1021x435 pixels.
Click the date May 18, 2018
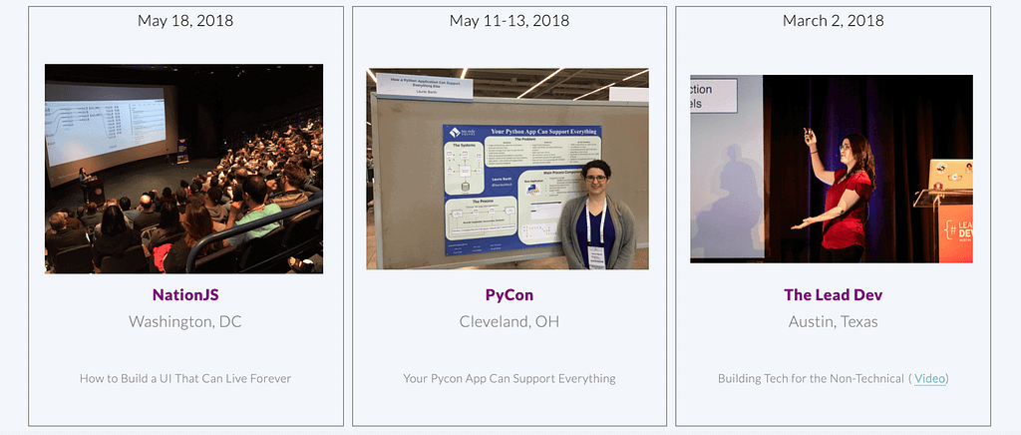tap(185, 20)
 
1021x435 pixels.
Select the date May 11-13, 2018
tap(509, 20)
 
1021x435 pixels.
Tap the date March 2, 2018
tap(833, 20)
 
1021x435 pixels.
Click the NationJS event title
tap(185, 294)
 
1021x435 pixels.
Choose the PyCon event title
tap(509, 294)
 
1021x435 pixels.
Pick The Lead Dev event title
tap(833, 294)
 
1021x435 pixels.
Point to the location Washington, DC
tap(185, 321)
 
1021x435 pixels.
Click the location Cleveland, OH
tap(509, 321)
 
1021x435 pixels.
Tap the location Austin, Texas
tap(833, 321)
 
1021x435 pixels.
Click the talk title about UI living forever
tap(185, 378)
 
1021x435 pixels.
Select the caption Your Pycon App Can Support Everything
tap(509, 378)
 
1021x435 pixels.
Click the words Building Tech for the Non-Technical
tap(810, 378)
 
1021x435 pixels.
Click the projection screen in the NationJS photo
tap(105, 125)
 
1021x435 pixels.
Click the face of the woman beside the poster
tap(596, 180)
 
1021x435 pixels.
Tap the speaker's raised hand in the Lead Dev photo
tap(809, 135)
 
